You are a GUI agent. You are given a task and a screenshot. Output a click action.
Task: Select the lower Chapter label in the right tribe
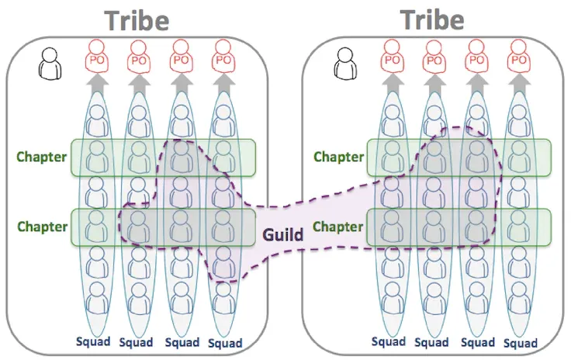click(338, 227)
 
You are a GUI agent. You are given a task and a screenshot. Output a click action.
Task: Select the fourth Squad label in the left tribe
click(226, 344)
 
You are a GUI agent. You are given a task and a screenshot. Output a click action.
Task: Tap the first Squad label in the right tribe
click(389, 342)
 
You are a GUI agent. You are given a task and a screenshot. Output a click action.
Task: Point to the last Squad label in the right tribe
click(519, 344)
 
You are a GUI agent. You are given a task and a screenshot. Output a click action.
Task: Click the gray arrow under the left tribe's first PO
click(96, 84)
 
